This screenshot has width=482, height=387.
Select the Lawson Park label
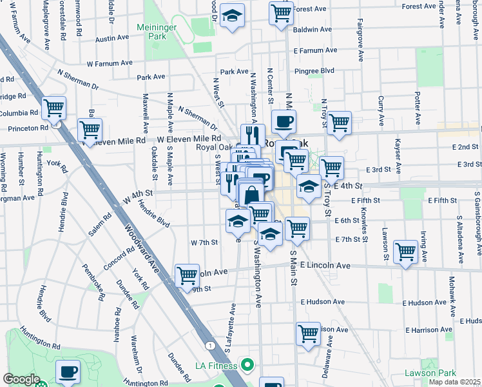(x=430, y=373)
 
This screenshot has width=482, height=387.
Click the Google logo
(x=21, y=379)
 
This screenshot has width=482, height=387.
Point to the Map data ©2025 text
(x=454, y=382)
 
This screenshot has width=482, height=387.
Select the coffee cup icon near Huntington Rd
(x=68, y=372)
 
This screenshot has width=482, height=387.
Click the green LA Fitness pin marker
(x=244, y=366)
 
